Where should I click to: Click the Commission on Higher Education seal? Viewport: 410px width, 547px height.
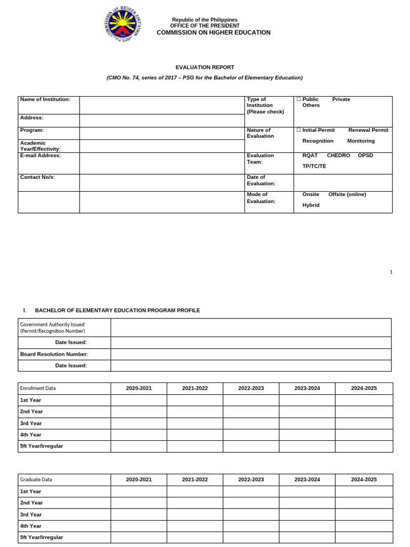coord(122,26)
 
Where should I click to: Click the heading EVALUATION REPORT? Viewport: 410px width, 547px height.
coord(205,67)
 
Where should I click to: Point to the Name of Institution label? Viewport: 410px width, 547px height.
coord(45,99)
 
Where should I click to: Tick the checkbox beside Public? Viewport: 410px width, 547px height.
coord(298,99)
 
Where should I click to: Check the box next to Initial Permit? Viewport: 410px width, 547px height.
coord(298,130)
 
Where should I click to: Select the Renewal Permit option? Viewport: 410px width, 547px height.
coord(368,130)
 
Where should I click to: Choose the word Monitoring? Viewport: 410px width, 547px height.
coord(360,141)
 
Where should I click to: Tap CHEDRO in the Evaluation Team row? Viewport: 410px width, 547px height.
coord(338,155)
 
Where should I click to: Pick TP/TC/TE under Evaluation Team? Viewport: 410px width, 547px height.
coord(314,166)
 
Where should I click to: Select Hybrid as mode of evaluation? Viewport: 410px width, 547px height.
coord(311,205)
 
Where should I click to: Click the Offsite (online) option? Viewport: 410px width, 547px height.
coord(347,194)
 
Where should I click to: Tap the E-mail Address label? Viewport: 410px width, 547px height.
coord(41,155)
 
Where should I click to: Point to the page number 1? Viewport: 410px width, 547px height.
coord(391,272)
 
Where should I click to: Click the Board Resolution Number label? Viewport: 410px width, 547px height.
coord(54,354)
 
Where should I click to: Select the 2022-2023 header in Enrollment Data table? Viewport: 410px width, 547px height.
coord(251,388)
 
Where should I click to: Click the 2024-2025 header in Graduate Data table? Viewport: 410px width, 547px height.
coord(364,480)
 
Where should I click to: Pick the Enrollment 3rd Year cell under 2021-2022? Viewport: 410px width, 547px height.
coord(195,423)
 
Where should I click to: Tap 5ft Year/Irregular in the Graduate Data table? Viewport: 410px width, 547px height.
coord(42,537)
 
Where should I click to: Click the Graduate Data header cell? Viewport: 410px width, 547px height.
coord(36,480)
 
